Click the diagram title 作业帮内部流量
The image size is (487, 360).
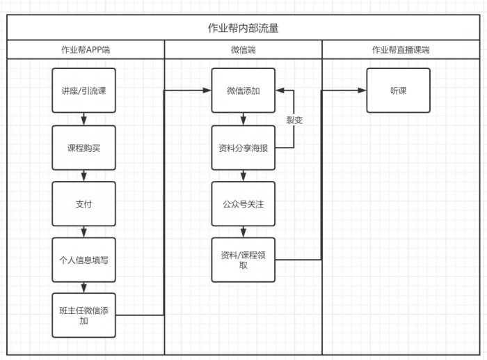coord(243,29)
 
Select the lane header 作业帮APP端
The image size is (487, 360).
coord(85,50)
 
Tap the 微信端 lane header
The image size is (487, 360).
coord(243,50)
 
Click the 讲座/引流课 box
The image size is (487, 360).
coord(83,91)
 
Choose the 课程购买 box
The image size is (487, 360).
coord(83,148)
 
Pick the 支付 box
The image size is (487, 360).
coord(83,203)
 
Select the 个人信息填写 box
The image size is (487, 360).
coord(83,260)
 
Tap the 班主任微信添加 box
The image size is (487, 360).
coord(83,315)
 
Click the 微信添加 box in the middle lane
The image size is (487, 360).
coord(243,91)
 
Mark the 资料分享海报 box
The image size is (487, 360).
coord(243,148)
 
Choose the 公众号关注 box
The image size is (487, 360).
coord(243,203)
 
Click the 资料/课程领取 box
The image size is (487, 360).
coord(243,260)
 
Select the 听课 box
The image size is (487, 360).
coord(399,91)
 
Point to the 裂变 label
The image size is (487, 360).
coord(294,120)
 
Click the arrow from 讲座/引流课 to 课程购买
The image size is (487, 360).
coord(83,119)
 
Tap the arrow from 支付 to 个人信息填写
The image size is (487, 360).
coord(83,231)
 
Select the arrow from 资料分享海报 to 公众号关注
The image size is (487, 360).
coord(243,175)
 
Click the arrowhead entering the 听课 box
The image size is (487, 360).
coord(362,91)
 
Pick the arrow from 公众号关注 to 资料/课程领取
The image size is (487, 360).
coord(243,231)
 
